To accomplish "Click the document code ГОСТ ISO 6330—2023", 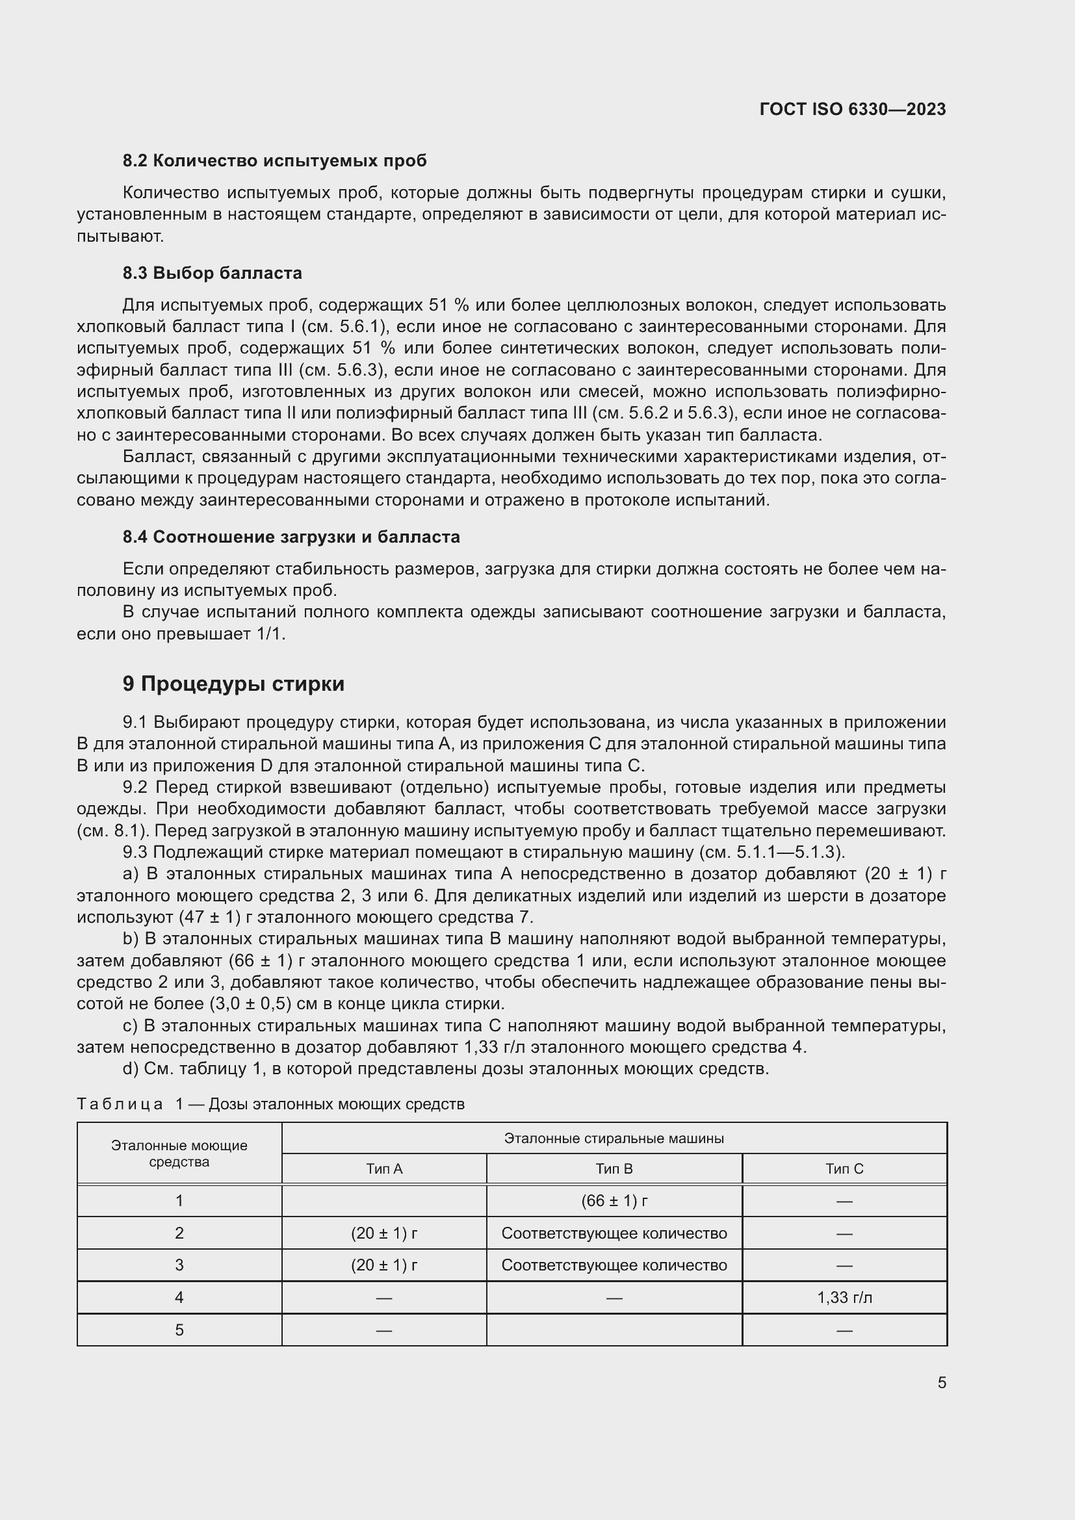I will point(852,109).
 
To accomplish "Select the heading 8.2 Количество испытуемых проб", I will point(274,161).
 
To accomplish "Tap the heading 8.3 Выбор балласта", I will point(212,273).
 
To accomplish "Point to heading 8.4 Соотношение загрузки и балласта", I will point(291,536).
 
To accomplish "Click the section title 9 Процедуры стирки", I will point(233,683).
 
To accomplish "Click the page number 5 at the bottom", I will point(941,1382).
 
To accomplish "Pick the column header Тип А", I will point(384,1168).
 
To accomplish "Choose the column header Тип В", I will point(614,1168).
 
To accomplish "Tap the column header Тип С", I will point(844,1168).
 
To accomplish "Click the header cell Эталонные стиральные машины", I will point(614,1138).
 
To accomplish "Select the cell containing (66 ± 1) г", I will point(614,1201).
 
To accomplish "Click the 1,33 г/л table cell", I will point(844,1298).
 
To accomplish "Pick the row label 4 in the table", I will point(179,1298).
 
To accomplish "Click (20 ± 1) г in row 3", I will point(384,1265).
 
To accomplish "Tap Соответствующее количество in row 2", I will point(614,1233).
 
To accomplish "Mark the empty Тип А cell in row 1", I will point(384,1201).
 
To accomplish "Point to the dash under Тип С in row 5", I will point(844,1330).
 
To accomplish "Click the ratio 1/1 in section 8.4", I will point(271,634).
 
